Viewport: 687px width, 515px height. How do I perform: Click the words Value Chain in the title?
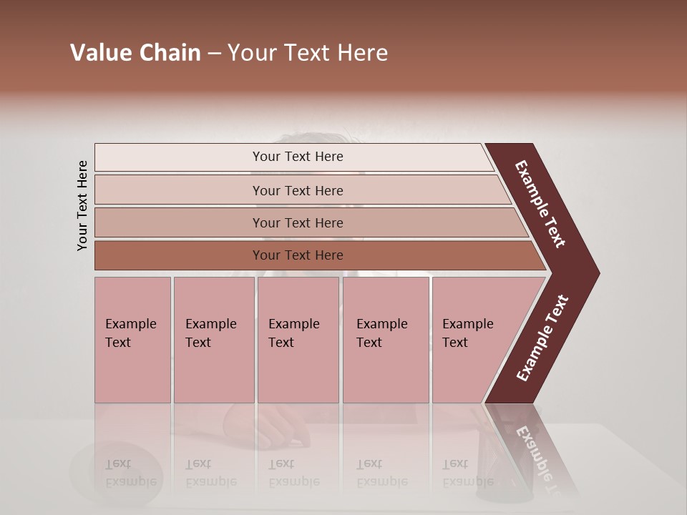135,53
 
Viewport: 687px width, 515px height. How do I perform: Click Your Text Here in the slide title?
308,53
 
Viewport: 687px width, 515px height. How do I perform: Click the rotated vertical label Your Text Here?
82,206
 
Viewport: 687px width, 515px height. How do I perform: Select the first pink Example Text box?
132,340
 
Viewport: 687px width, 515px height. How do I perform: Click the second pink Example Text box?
213,340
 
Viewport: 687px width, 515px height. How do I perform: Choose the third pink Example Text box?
298,340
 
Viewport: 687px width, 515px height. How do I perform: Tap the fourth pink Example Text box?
386,340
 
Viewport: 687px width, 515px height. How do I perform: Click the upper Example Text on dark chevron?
540,204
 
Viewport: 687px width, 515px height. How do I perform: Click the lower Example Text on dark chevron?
542,338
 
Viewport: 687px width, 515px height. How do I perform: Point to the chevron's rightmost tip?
598,273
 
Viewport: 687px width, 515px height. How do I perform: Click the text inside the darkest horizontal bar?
298,255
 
